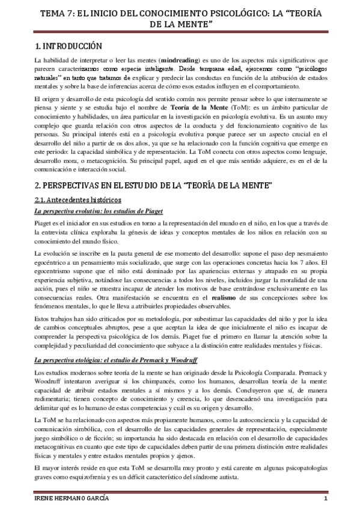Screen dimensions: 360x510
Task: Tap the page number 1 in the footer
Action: (325, 500)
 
